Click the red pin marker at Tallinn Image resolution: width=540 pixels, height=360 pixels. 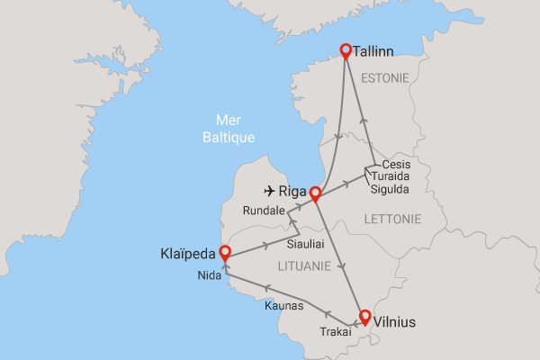point(346,51)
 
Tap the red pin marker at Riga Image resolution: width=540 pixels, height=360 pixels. point(315,193)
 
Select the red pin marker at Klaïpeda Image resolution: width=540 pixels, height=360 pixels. point(223,256)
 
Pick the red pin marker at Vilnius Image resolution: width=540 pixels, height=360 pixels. point(364,316)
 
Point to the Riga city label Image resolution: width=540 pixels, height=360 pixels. point(294,191)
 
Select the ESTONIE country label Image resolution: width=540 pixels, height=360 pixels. point(385,78)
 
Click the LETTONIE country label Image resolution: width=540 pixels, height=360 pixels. point(391,219)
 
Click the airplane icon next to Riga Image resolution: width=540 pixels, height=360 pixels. point(269,191)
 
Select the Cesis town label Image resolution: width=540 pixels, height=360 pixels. point(397,165)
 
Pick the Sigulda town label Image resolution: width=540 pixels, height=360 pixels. point(390,188)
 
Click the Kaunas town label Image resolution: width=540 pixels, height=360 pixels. point(284,306)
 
